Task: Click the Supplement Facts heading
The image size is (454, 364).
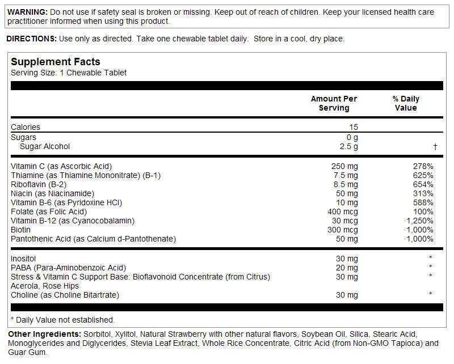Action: pyautogui.click(x=56, y=62)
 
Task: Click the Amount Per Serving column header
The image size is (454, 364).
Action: pyautogui.click(x=334, y=103)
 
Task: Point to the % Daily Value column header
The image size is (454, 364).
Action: pyautogui.click(x=406, y=103)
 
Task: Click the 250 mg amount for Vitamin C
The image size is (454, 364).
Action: pyautogui.click(x=344, y=166)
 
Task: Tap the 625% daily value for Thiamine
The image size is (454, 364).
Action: pyautogui.click(x=423, y=175)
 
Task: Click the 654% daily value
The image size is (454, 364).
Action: pyautogui.click(x=423, y=184)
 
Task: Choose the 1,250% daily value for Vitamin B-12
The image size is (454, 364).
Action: pyautogui.click(x=419, y=221)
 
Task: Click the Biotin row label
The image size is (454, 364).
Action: pyautogui.click(x=20, y=230)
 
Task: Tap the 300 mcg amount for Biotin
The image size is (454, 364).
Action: pyautogui.click(x=343, y=230)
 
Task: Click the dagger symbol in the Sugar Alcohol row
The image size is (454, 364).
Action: pyautogui.click(x=435, y=146)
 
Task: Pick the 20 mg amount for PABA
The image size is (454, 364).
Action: pyautogui.click(x=347, y=268)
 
